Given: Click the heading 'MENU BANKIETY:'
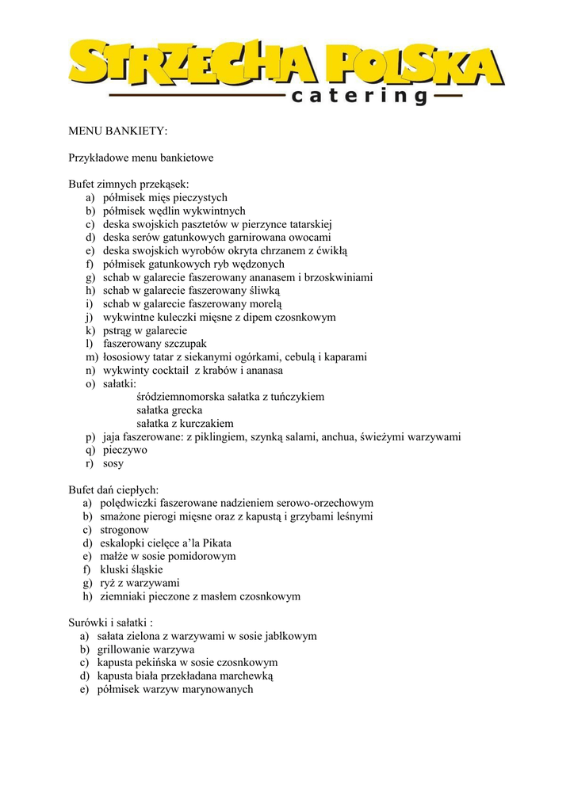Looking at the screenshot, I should (118, 131).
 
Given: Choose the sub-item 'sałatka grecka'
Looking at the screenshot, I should (170, 410).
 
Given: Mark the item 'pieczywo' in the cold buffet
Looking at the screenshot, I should (124, 450).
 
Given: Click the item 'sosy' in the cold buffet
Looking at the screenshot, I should (113, 463).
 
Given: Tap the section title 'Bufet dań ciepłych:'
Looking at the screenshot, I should (114, 490).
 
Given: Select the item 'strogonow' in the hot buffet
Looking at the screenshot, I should (124, 530).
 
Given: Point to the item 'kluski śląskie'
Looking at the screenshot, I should (132, 569).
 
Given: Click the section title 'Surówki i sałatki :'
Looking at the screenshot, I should (111, 623).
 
